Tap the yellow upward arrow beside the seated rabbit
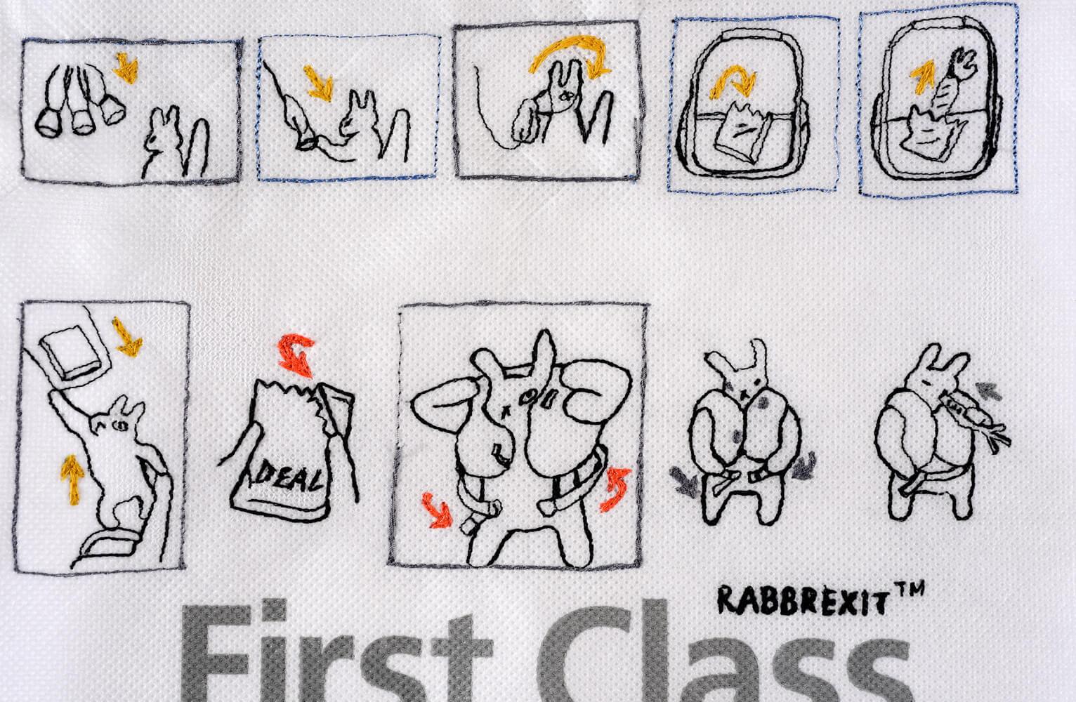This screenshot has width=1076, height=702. [x=68, y=472]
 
